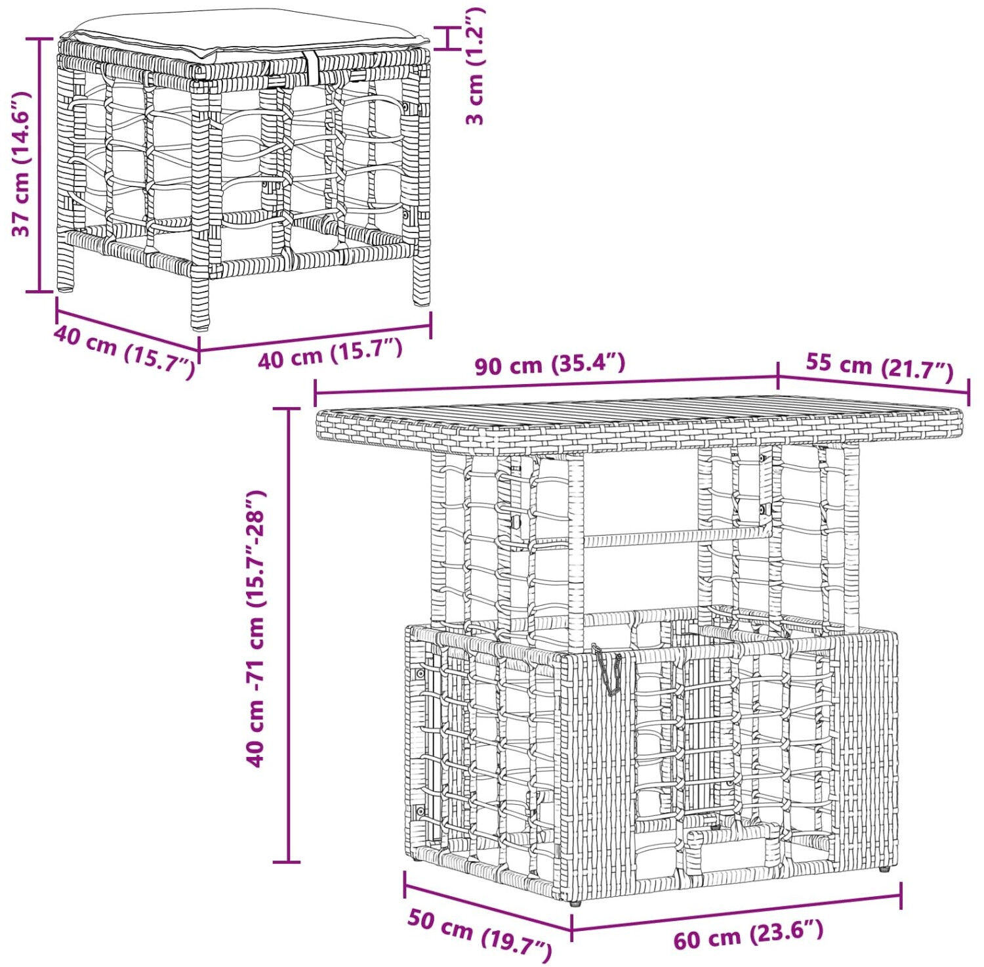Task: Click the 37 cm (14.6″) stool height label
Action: pyautogui.click(x=21, y=163)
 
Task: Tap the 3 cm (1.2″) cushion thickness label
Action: pyautogui.click(x=474, y=66)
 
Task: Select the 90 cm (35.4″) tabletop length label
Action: pyautogui.click(x=550, y=364)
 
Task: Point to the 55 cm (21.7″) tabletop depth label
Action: pyautogui.click(x=879, y=366)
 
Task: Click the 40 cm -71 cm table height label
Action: pyautogui.click(x=255, y=628)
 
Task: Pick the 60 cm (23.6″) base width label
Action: pyautogui.click(x=748, y=935)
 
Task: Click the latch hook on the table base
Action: pyautogui.click(x=607, y=670)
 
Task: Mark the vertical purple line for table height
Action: pyautogui.click(x=287, y=635)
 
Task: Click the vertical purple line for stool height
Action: pyautogui.click(x=39, y=165)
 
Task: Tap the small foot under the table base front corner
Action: pyautogui.click(x=576, y=903)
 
